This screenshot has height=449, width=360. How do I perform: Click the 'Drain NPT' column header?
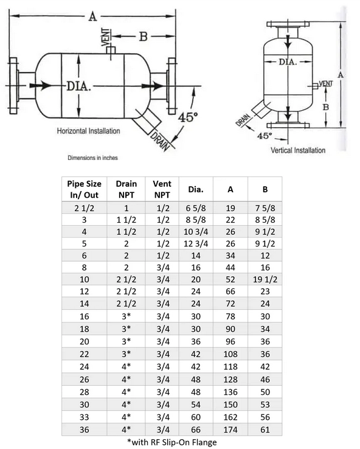pyautogui.click(x=126, y=189)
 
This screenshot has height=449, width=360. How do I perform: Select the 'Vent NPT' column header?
pyautogui.click(x=162, y=189)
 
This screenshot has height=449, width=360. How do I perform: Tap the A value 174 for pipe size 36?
pyautogui.click(x=230, y=430)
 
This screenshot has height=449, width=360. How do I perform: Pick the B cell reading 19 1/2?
pyautogui.click(x=265, y=279)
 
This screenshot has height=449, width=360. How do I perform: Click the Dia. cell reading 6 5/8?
pyautogui.click(x=196, y=208)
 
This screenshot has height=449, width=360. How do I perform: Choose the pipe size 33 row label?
pyautogui.click(x=84, y=417)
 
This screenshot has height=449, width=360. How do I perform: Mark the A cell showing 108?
pyautogui.click(x=230, y=354)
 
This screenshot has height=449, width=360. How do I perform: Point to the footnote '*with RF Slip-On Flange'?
pyautogui.click(x=171, y=442)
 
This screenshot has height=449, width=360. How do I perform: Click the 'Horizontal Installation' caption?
pyautogui.click(x=88, y=131)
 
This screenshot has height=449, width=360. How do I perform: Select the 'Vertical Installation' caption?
pyautogui.click(x=298, y=150)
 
